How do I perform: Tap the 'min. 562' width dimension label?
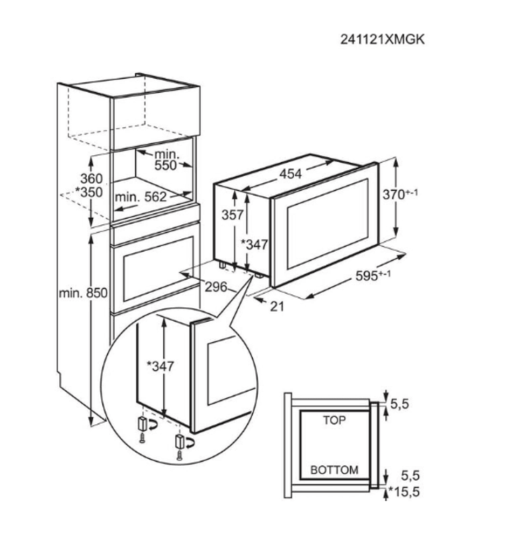coord(141,197)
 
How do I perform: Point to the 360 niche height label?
coord(91,179)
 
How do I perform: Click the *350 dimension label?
coord(89,193)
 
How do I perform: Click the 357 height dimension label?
coord(233,215)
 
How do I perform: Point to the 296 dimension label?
coord(216,287)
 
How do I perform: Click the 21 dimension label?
coord(276,306)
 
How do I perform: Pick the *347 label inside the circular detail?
coord(160,367)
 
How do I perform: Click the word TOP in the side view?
coord(334,420)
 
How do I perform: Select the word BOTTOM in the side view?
coord(334,470)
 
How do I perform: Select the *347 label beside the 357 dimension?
coord(253,245)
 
